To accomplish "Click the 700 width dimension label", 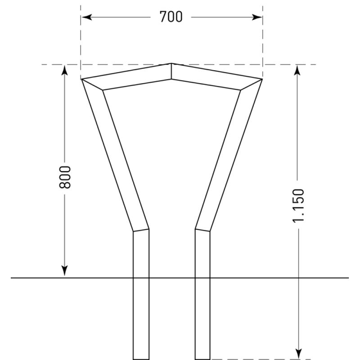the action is (x=171, y=17).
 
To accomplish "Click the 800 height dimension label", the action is (x=65, y=177).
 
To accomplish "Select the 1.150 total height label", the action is (x=298, y=206).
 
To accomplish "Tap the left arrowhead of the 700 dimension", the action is (x=87, y=17).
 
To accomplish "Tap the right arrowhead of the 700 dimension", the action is (x=256, y=17).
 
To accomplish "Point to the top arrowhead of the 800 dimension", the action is (x=65, y=70).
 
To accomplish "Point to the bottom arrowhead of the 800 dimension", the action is (x=65, y=271).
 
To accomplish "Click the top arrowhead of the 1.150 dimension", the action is (x=298, y=70).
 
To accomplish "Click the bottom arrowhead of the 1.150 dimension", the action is (x=298, y=354).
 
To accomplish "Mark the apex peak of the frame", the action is (x=171, y=63).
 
